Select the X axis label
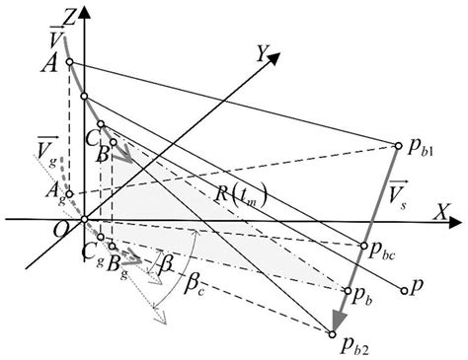coord(448,208)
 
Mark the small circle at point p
coord(405,290)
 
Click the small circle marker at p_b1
coord(399,143)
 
